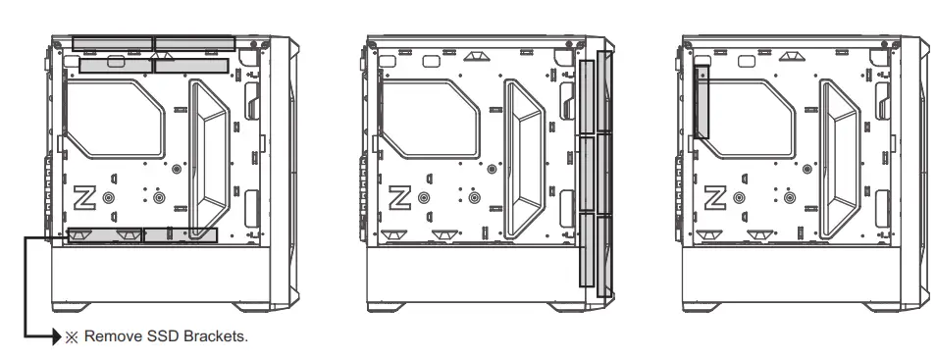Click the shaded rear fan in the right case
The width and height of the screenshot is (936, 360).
(x=703, y=98)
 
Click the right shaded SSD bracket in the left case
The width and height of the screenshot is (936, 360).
(x=181, y=235)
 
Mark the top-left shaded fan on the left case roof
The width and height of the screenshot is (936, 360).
(x=113, y=43)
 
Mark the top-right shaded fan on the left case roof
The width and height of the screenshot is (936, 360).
(x=193, y=43)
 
